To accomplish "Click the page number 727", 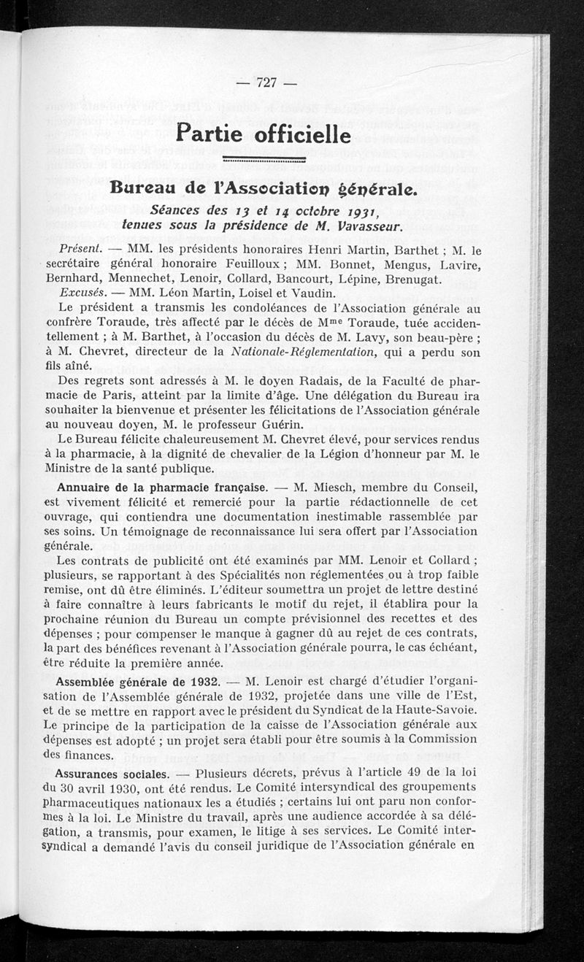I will [266, 82].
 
